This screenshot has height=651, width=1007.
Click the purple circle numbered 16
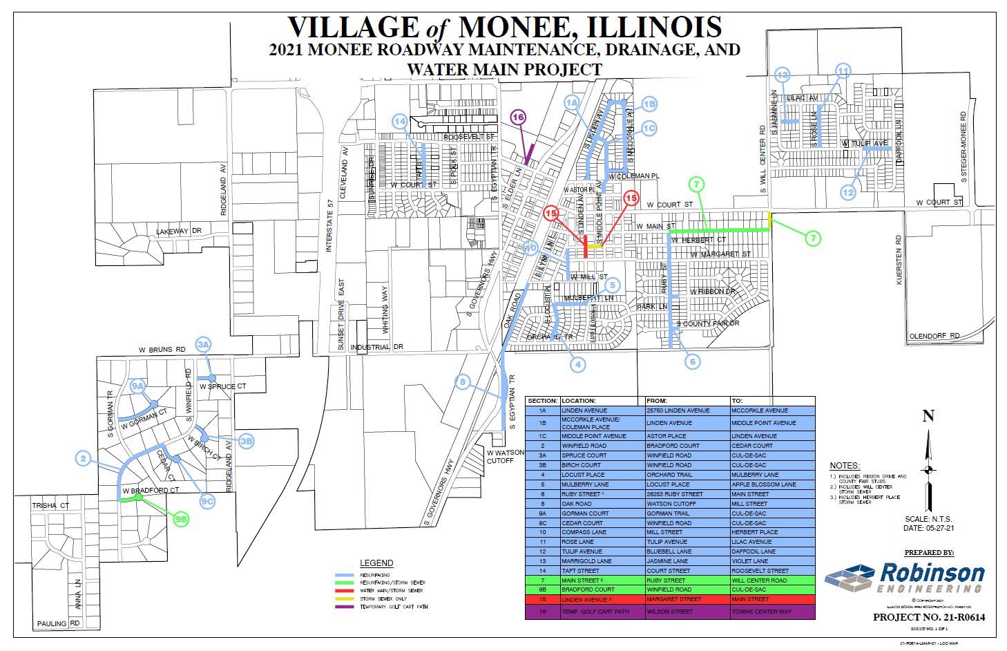coord(519,117)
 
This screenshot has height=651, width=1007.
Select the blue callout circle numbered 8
coord(463,381)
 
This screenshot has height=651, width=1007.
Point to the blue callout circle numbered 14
coord(400,122)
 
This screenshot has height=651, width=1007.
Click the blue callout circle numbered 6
coord(692,361)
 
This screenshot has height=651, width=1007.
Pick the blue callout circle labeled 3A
coord(203,344)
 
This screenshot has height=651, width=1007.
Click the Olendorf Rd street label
coord(934,336)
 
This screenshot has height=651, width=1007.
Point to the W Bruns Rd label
coord(162,350)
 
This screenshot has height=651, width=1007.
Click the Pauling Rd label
coord(58,623)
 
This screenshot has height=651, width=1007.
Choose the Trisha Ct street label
coord(50,506)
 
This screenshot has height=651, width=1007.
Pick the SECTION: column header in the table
coord(542,401)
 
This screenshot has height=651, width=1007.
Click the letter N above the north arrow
coord(928,415)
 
